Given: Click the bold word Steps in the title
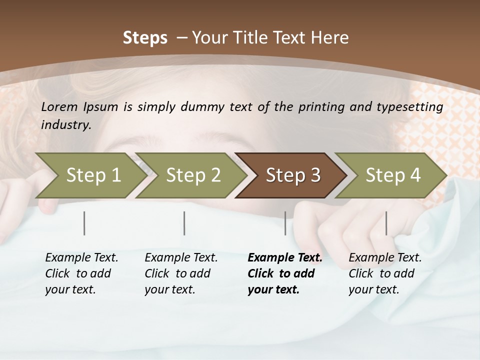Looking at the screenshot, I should coord(145,38).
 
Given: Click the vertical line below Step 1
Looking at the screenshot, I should coord(84,223).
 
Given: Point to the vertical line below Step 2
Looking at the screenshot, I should coord(184,223).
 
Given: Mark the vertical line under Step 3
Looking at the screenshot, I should coord(285,223).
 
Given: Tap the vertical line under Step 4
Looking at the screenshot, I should coord(386,223).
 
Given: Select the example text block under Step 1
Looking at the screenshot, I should coord(81,273).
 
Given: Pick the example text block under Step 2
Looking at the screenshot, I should coord(181,273).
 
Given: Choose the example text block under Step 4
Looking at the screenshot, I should coord(385,273).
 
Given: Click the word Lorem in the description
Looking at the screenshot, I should coord(60,106).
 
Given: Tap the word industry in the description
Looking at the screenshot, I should coord(65,124).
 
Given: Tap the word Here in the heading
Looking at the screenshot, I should coord(330,38).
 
